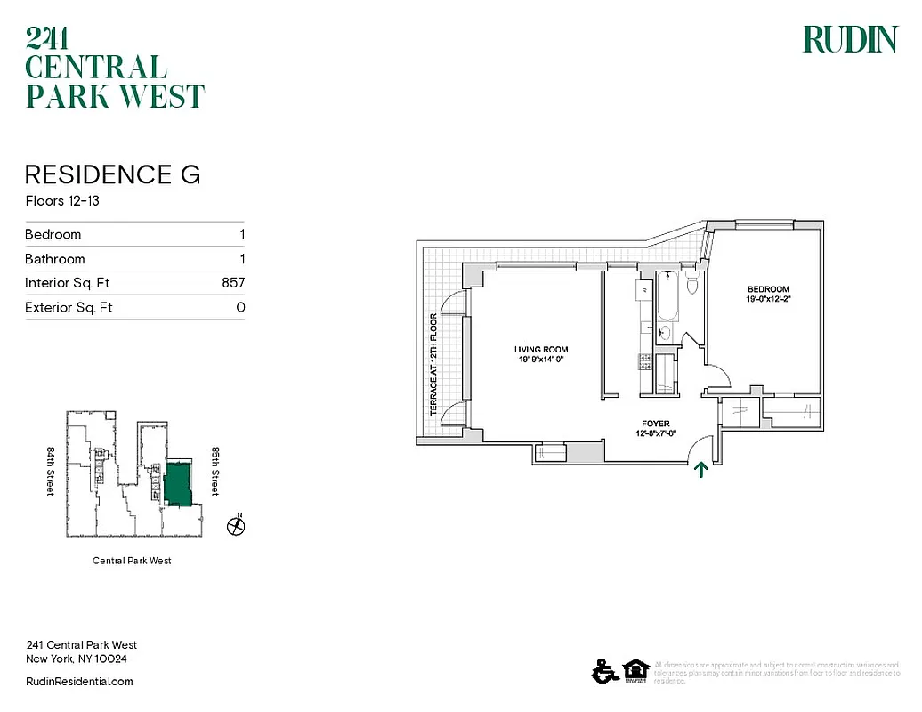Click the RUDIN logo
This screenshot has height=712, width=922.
pos(849,39)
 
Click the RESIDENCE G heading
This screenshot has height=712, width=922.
pos(112,174)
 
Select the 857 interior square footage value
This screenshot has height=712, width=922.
pos(232,283)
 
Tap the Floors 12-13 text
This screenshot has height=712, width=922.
pos(61,201)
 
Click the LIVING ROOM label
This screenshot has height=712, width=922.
pos(540,350)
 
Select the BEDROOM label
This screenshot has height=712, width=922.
pos(767,289)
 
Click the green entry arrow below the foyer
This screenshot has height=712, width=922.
pos(701,469)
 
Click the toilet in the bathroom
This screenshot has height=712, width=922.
pos(692,284)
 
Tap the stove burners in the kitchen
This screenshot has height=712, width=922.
pos(643,360)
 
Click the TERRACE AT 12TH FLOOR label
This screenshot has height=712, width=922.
pos(433,364)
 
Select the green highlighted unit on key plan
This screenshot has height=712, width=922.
pos(177,484)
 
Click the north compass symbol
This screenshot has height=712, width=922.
pos(237,526)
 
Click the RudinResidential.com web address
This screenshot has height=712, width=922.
pos(79,681)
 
